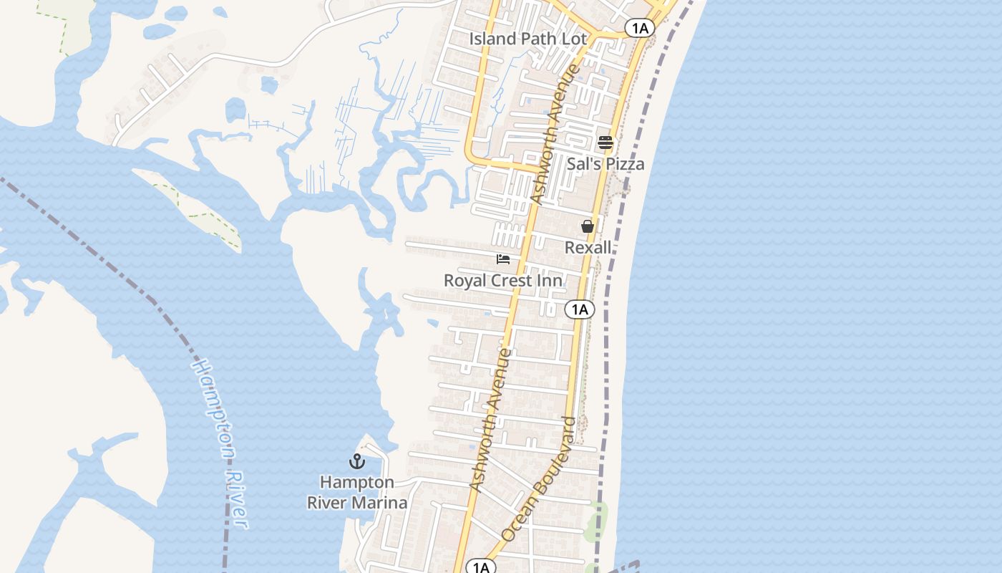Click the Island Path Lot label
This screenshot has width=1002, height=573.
click(528, 39)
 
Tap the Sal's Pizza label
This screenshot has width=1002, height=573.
click(605, 164)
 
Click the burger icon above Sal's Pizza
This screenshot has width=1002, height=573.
click(605, 143)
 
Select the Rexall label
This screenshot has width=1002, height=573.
click(588, 248)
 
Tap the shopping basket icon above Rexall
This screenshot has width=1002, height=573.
click(588, 226)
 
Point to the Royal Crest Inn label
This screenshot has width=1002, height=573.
click(503, 281)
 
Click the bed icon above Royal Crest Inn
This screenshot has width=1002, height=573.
click(503, 259)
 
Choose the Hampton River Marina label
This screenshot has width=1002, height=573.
click(357, 493)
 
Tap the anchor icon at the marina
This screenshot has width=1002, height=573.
click(356, 461)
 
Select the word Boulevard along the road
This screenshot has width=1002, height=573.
click(558, 456)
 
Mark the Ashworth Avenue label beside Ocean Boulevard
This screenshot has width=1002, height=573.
click(491, 420)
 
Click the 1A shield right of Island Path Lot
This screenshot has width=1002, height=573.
click(639, 28)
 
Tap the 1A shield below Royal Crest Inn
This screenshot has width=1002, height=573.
click(580, 309)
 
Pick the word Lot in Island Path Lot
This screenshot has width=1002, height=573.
click(574, 39)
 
